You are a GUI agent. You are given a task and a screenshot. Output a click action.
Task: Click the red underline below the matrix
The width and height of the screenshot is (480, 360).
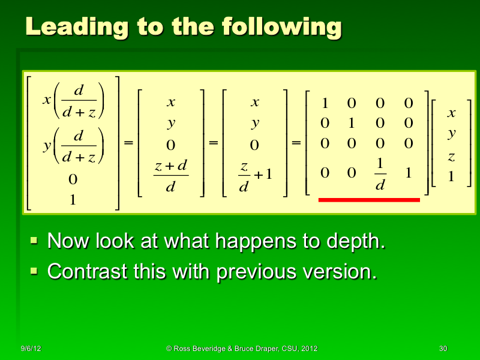[368, 200]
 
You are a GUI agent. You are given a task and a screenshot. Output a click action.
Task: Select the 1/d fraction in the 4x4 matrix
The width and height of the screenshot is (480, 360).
[380, 175]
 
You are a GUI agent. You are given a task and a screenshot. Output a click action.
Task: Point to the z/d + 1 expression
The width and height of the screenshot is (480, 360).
[254, 175]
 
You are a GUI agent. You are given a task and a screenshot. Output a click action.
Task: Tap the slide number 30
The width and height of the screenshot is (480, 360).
[443, 349]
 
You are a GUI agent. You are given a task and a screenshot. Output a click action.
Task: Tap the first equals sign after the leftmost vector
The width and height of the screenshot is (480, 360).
[128, 144]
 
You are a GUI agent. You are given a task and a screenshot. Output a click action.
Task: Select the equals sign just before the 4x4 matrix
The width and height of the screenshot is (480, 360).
[296, 144]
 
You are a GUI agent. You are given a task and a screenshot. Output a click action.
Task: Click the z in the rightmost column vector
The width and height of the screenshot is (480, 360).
[452, 157]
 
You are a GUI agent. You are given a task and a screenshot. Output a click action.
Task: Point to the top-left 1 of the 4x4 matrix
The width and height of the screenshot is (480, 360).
[325, 104]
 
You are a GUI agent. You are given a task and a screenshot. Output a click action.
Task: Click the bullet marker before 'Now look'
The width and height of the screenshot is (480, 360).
[34, 242]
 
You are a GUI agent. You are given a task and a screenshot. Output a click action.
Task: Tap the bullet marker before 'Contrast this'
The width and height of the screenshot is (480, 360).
[34, 272]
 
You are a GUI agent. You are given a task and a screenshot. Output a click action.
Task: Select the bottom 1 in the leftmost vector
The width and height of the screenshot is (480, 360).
[73, 200]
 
